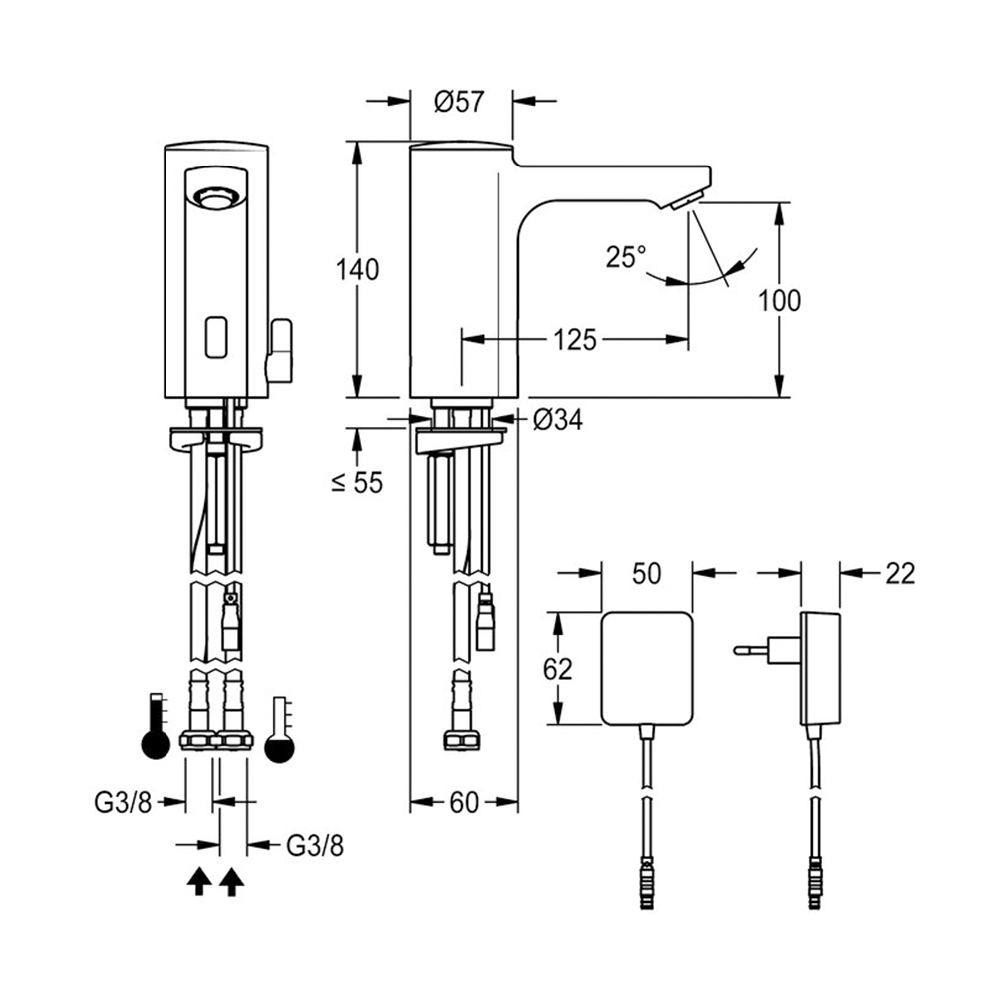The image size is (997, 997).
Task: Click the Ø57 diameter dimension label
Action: click(461, 101)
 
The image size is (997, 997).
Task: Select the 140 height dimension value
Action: click(358, 269)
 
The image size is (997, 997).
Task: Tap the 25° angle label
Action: click(625, 257)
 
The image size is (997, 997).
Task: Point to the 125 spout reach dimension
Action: click(576, 340)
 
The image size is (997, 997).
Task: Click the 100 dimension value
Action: click(779, 300)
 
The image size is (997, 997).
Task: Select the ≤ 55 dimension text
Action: click(357, 483)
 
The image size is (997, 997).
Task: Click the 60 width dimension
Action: click(464, 804)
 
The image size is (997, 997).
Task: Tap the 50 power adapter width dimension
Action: click(647, 573)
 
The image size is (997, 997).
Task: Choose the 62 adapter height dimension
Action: click(559, 668)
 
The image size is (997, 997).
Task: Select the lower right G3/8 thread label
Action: click(315, 846)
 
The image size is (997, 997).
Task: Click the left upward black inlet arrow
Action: click(199, 880)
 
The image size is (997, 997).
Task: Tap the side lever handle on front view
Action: click(280, 351)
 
